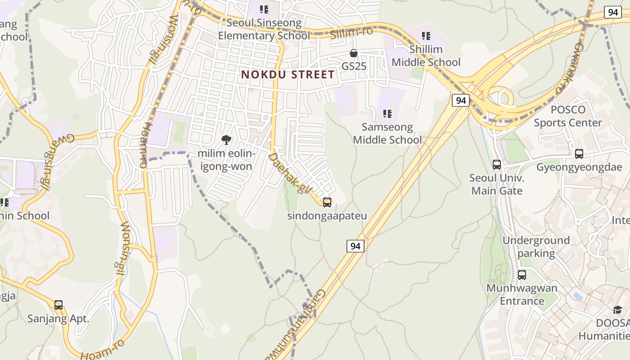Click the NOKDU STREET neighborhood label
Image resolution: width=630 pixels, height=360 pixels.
coord(288,74)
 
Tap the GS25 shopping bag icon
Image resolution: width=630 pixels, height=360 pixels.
coord(354,54)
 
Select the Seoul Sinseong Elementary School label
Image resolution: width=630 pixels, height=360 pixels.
coord(264,29)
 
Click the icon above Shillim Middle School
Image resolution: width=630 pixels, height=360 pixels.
coord(426,36)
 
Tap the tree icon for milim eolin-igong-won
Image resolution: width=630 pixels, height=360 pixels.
coord(226,140)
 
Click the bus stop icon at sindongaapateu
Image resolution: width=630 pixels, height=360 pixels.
coord(327,202)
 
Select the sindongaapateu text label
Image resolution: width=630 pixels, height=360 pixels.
coord(327,216)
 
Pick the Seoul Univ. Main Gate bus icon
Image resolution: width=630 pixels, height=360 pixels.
coord(497,165)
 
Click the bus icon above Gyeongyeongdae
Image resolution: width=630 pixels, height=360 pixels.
coord(579,154)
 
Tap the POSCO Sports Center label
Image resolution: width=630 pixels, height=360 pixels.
coord(568,116)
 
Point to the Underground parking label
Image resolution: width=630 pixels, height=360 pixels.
coord(536,247)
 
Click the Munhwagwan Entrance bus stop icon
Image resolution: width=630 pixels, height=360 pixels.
coord(522,274)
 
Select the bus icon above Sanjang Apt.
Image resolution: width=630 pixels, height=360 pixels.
coord(58,305)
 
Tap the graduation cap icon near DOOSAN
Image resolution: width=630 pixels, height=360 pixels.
coord(617,310)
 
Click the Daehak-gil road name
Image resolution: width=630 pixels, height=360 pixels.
coord(290,174)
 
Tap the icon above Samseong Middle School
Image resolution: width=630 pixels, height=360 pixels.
coord(387,114)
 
